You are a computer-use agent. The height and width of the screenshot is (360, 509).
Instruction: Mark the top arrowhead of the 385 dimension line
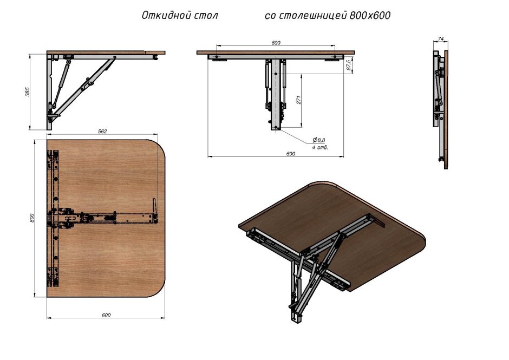click(x=30, y=56)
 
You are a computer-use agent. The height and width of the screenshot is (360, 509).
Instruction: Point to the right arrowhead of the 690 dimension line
click(x=342, y=157)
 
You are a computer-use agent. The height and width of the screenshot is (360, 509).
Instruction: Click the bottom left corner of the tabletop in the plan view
click(x=47, y=297)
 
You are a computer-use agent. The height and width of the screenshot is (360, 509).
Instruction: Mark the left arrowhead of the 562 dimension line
click(x=49, y=134)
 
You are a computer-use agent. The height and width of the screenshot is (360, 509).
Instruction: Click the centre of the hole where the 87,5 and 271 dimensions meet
click(x=276, y=74)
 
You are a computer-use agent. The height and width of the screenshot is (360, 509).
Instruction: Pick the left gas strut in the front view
click(x=267, y=85)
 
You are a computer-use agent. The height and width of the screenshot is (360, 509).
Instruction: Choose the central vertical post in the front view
click(x=276, y=94)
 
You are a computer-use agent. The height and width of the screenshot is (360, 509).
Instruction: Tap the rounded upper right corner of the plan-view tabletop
click(x=158, y=147)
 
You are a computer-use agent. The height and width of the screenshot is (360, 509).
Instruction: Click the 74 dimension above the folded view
click(x=441, y=38)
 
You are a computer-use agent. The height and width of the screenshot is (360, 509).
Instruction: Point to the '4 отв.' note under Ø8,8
click(x=320, y=147)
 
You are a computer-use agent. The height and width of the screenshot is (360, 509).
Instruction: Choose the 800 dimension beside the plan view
click(x=31, y=218)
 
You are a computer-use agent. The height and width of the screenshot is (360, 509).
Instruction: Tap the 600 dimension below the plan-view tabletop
click(x=106, y=315)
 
